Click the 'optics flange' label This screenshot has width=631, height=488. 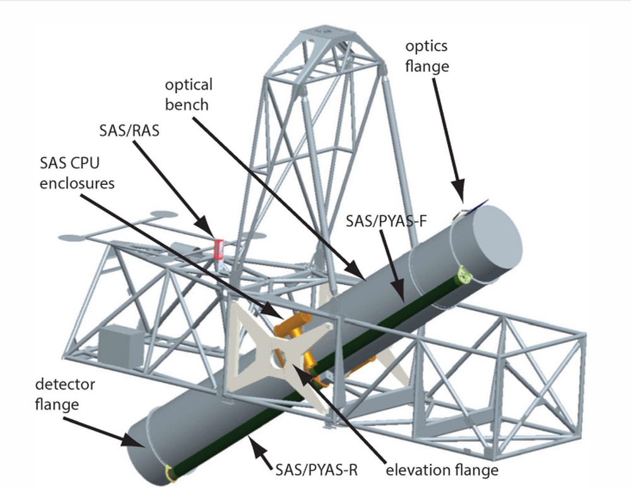(x=427, y=56)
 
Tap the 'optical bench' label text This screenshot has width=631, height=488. (x=188, y=94)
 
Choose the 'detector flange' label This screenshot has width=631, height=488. (x=56, y=393)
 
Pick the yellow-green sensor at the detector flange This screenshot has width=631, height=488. (x=168, y=471)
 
